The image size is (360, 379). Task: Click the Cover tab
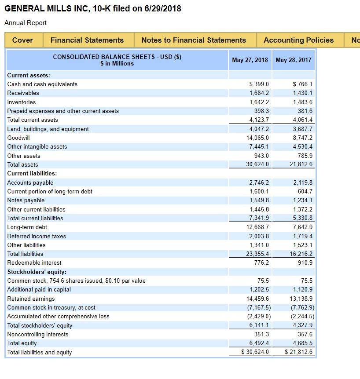tap(22, 40)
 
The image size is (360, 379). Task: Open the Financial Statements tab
tap(87, 40)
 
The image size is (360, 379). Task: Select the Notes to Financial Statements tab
tap(194, 40)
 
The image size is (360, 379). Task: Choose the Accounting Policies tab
tap(298, 40)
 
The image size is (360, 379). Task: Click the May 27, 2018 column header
tap(250, 60)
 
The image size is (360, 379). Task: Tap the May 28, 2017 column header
tap(294, 60)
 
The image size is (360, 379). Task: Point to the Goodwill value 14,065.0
tap(259, 138)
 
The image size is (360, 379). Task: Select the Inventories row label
tap(22, 102)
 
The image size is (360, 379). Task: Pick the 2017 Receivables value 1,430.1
tap(303, 93)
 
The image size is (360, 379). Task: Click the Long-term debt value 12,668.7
tap(259, 227)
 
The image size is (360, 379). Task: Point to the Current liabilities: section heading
tap(32, 173)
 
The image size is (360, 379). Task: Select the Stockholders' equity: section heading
tap(37, 272)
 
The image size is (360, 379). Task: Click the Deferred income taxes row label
tap(37, 236)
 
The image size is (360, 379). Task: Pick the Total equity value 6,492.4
tap(259, 343)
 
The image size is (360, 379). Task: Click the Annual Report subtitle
tap(26, 23)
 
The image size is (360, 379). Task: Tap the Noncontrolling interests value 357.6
tap(305, 334)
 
